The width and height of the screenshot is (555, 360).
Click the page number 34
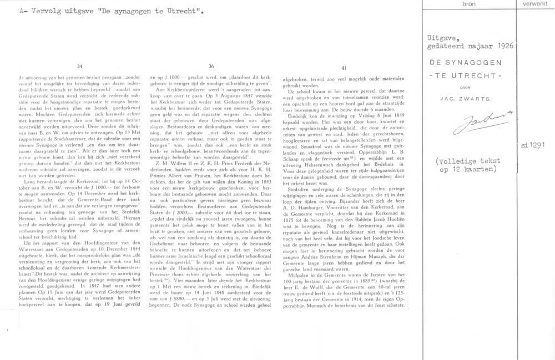coord(80,67)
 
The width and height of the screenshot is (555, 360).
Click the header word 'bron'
coord(468,4)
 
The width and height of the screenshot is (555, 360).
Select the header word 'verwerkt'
coord(535,4)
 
